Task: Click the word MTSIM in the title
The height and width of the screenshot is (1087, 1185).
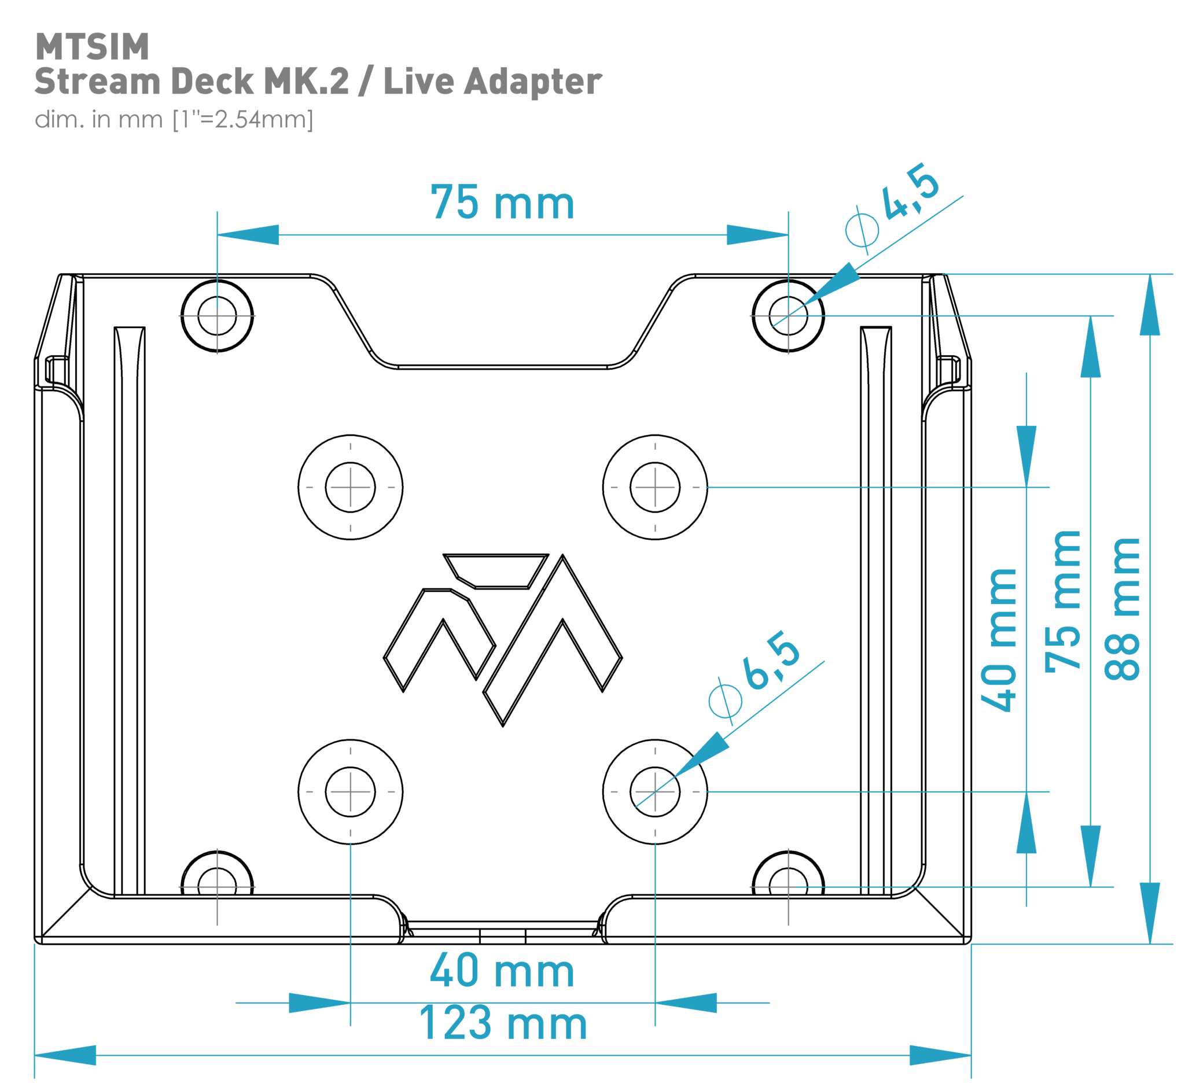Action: click(x=92, y=47)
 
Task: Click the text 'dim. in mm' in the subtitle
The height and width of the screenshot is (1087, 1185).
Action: click(x=98, y=120)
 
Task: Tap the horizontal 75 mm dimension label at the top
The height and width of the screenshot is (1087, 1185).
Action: click(x=502, y=203)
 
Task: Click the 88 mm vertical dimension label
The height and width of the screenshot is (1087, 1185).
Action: click(x=1122, y=609)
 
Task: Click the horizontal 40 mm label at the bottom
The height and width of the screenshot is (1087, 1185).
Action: click(x=502, y=971)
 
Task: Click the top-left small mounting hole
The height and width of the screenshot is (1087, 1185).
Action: click(x=217, y=316)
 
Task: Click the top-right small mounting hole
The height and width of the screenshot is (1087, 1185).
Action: click(x=788, y=316)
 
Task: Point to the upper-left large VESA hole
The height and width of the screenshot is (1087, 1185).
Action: click(x=350, y=487)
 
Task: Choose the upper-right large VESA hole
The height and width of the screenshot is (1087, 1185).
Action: click(x=654, y=487)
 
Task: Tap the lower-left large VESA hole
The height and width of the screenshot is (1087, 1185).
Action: click(x=350, y=792)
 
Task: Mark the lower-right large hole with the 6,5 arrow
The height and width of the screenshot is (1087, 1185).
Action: click(x=654, y=792)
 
